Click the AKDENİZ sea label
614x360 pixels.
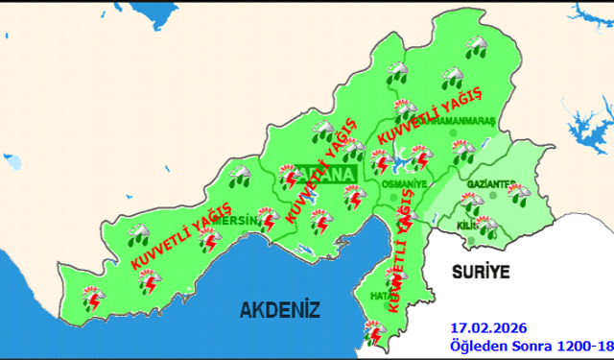[279, 308]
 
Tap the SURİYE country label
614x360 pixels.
[479, 271]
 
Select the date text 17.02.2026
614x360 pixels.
[488, 327]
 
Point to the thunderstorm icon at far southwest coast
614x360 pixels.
[93, 300]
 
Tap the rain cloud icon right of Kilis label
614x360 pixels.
[488, 227]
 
